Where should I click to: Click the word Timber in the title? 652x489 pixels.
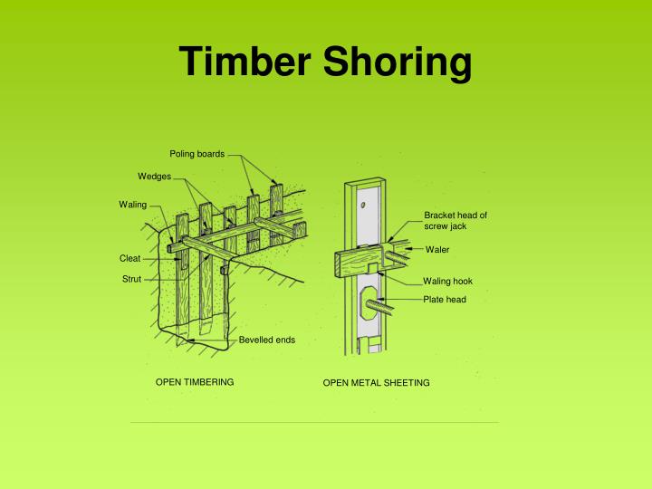pyautogui.click(x=240, y=62)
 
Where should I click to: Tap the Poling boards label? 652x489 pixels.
pyautogui.click(x=197, y=152)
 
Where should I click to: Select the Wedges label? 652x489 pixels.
pyautogui.click(x=154, y=175)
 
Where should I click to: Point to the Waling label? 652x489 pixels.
pyautogui.click(x=132, y=204)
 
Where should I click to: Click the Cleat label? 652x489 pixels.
pyautogui.click(x=129, y=258)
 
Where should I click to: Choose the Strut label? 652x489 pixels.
pyautogui.click(x=131, y=279)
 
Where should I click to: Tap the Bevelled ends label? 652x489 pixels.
pyautogui.click(x=266, y=340)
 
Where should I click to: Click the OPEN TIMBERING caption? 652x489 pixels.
pyautogui.click(x=195, y=382)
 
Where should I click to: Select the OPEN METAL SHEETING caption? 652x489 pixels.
pyautogui.click(x=376, y=383)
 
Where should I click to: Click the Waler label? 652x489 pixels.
pyautogui.click(x=437, y=249)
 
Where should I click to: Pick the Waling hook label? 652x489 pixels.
pyautogui.click(x=447, y=281)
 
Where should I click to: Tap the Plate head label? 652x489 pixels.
pyautogui.click(x=444, y=299)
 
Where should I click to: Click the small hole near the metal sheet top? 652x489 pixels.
pyautogui.click(x=363, y=206)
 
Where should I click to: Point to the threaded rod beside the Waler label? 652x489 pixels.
pyautogui.click(x=399, y=244)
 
